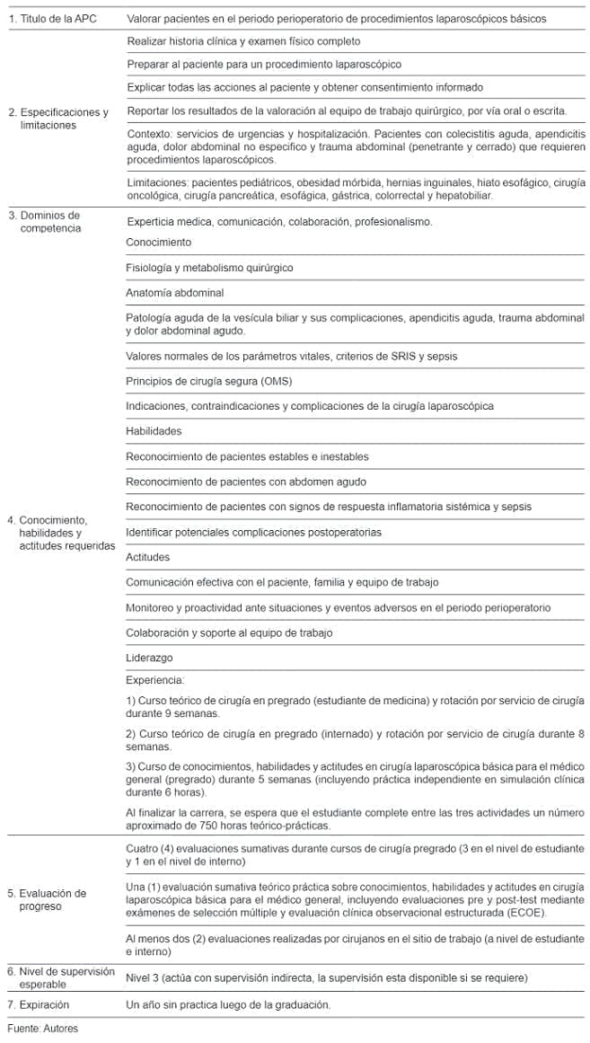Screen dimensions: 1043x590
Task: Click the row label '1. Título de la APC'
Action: pyautogui.click(x=54, y=18)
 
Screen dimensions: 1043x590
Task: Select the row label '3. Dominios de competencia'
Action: pyautogui.click(x=43, y=222)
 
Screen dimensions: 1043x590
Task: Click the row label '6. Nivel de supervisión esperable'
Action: pyautogui.click(x=60, y=977)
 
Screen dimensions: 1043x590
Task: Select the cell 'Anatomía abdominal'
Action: pyautogui.click(x=175, y=293)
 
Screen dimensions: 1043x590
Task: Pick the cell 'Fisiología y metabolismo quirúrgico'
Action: pyautogui.click(x=209, y=268)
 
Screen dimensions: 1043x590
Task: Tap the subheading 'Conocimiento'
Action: pyautogui.click(x=159, y=243)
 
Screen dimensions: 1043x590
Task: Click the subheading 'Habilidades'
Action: pyautogui.click(x=154, y=431)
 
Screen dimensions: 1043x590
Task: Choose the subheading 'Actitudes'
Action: pyautogui.click(x=148, y=557)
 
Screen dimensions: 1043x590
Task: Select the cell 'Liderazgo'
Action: pyautogui.click(x=148, y=658)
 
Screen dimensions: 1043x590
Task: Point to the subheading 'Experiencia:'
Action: pyautogui.click(x=155, y=680)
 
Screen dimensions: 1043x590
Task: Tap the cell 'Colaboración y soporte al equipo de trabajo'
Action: pyautogui.click(x=229, y=632)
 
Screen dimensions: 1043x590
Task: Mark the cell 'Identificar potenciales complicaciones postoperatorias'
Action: pyautogui.click(x=253, y=532)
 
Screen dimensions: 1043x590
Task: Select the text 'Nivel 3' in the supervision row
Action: pyautogui.click(x=145, y=977)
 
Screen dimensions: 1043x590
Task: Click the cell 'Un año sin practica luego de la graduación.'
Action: pyautogui.click(x=228, y=1004)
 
